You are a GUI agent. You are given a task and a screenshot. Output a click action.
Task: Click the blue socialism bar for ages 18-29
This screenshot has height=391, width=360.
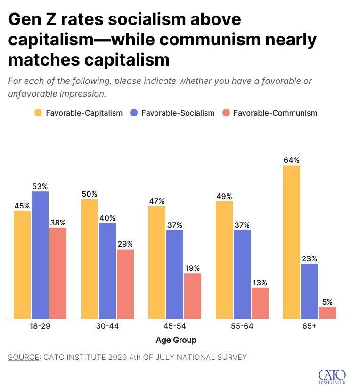click(40, 255)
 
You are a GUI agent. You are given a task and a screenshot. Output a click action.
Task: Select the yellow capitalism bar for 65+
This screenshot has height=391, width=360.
click(292, 242)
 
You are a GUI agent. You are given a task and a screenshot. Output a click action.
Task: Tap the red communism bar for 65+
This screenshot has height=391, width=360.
click(327, 313)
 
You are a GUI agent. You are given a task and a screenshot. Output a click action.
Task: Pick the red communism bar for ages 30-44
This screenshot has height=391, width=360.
click(125, 284)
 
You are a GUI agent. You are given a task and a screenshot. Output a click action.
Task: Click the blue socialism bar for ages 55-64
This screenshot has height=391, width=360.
click(242, 275)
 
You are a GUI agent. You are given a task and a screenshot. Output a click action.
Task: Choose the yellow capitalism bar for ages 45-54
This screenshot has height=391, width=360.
click(157, 262)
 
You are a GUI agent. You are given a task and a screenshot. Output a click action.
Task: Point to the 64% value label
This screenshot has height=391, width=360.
click(292, 160)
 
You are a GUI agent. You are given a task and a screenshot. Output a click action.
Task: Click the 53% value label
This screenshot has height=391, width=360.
click(40, 186)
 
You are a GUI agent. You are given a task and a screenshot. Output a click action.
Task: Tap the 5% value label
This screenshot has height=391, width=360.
click(327, 302)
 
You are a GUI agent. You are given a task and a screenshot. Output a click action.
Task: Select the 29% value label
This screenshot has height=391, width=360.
click(125, 244)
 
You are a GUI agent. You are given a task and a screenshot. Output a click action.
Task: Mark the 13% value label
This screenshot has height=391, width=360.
click(260, 283)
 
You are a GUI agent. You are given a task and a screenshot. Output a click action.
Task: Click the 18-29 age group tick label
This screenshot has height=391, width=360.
click(40, 326)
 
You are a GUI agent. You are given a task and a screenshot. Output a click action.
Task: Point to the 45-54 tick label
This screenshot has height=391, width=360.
click(175, 326)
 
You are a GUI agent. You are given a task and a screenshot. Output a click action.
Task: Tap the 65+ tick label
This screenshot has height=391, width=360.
click(310, 326)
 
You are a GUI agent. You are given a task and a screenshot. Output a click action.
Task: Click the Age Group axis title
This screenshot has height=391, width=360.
click(176, 340)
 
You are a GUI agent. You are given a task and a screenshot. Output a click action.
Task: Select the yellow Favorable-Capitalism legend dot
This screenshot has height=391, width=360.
click(38, 113)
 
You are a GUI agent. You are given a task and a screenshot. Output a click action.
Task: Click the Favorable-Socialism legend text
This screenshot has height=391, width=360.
click(178, 113)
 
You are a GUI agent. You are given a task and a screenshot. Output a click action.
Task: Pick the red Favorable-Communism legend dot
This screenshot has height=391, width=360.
click(226, 113)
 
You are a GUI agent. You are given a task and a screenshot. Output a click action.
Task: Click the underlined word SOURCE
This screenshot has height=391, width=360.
click(24, 357)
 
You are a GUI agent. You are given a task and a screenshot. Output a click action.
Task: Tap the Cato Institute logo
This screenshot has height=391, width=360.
click(332, 377)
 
